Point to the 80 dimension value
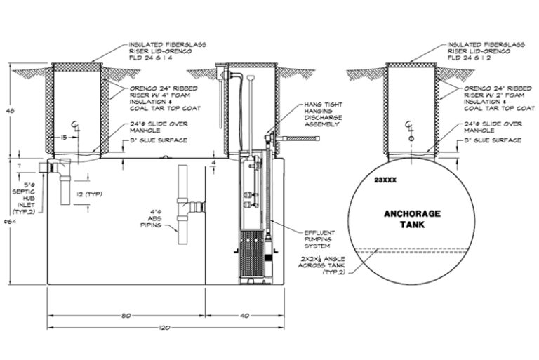pyautogui.click(x=126, y=315)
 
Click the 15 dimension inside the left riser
pyautogui.click(x=64, y=138)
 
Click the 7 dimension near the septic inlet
pyautogui.click(x=20, y=164)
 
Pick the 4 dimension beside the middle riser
pyautogui.click(x=213, y=164)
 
